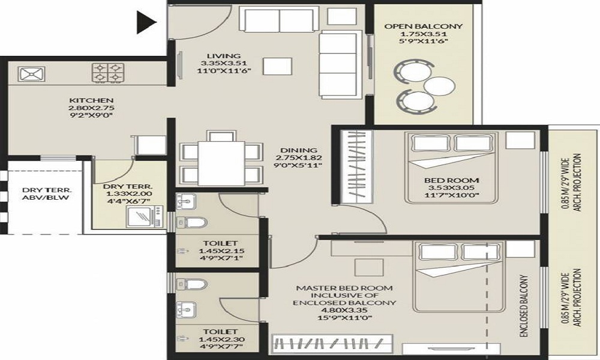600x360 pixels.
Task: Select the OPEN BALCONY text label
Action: click(424, 26)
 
